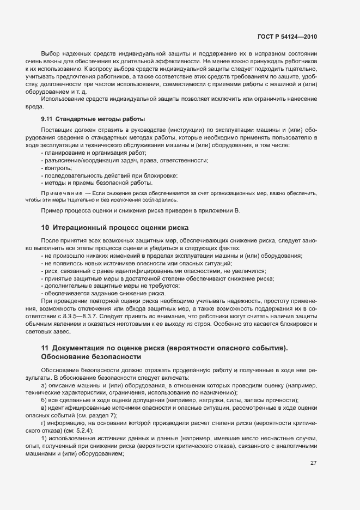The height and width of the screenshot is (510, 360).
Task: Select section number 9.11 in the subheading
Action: [47, 119]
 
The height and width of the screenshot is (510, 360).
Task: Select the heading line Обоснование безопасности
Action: [91, 357]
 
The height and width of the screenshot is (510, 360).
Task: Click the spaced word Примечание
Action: [61, 193]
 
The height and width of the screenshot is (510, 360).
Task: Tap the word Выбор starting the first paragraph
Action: [51, 54]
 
